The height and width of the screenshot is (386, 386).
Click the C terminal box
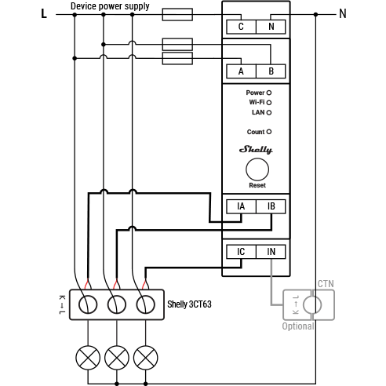click(x=241, y=27)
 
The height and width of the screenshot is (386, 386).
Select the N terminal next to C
click(x=271, y=27)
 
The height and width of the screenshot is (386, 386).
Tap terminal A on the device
click(x=241, y=71)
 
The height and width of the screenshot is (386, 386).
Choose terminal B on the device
click(x=271, y=71)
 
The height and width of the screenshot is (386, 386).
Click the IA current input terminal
click(x=241, y=206)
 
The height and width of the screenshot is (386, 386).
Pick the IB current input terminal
click(x=271, y=206)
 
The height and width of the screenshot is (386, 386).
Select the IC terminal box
click(x=241, y=252)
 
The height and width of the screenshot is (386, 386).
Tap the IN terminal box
click(x=271, y=252)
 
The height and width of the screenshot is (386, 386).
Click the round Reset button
click(x=257, y=169)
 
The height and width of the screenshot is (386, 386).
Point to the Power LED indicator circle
click(x=269, y=93)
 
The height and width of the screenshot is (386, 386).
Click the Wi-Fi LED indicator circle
click(x=269, y=103)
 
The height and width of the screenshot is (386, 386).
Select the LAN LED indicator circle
click(x=269, y=113)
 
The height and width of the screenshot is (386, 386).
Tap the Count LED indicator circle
click(x=269, y=132)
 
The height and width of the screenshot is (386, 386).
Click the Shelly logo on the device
click(x=256, y=150)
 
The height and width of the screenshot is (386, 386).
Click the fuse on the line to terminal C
click(x=177, y=14)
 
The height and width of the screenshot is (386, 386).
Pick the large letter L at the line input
click(x=44, y=13)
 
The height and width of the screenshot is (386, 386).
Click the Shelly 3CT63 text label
click(x=189, y=304)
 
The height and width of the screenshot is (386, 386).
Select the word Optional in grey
click(x=298, y=326)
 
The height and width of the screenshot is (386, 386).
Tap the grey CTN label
click(x=326, y=284)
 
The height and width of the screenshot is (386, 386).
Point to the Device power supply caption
click(x=110, y=6)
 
